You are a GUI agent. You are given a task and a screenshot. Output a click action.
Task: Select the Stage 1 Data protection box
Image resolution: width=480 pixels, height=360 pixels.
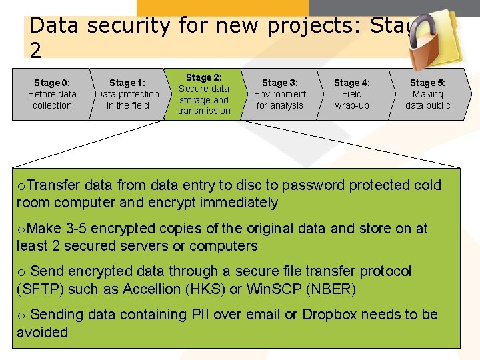[127, 94]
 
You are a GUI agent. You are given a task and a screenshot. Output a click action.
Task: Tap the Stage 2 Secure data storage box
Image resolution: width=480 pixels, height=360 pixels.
[204, 94]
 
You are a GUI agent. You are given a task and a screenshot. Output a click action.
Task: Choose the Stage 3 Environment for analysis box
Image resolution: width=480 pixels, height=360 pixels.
[280, 94]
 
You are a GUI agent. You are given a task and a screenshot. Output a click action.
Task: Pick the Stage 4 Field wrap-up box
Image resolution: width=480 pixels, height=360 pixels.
[352, 94]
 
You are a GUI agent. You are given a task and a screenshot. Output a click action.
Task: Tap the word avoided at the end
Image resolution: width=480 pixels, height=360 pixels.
[42, 331]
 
